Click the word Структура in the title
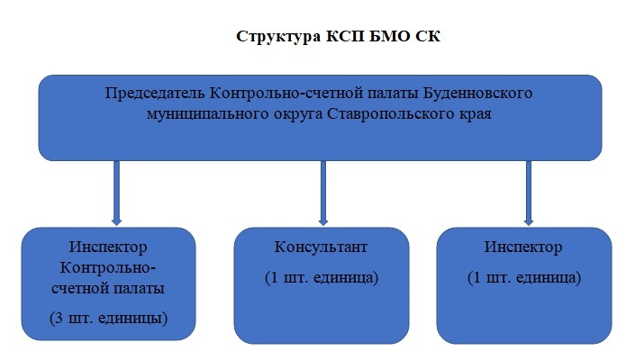(x=278, y=37)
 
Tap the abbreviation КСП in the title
(x=346, y=36)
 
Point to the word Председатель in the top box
(x=155, y=94)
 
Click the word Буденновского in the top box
(x=477, y=94)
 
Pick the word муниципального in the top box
(x=207, y=114)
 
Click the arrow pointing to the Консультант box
(x=323, y=193)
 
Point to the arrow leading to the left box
(x=116, y=193)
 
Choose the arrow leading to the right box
(x=529, y=193)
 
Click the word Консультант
(x=321, y=247)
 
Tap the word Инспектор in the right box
(x=523, y=247)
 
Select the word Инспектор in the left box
(x=108, y=247)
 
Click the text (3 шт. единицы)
(x=109, y=319)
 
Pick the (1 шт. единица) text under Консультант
(x=322, y=278)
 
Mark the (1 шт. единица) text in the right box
(x=524, y=278)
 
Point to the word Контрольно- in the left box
(x=108, y=268)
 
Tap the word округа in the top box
(x=298, y=115)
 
